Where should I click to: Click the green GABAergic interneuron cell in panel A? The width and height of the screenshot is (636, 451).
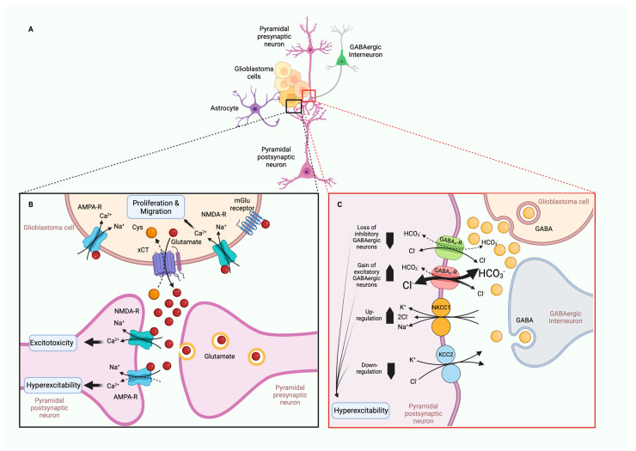[x=342, y=58]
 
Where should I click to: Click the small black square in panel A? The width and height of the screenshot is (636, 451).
[x=294, y=107]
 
